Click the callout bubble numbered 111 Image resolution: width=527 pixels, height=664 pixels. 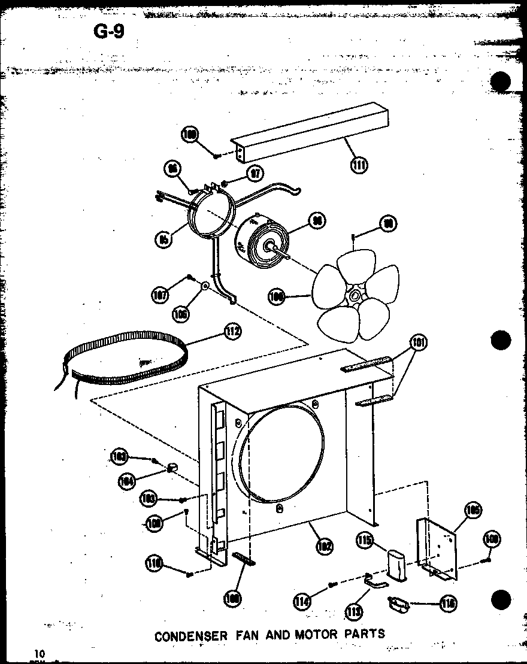(359, 164)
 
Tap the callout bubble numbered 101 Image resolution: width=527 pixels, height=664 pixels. (419, 343)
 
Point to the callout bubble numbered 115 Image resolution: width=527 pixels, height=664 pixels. (364, 540)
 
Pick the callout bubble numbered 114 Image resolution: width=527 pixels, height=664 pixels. (302, 599)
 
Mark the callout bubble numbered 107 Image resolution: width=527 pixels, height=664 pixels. (160, 294)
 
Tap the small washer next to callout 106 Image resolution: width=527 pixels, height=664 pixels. (205, 287)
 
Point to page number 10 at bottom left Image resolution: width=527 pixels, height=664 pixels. (40, 653)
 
